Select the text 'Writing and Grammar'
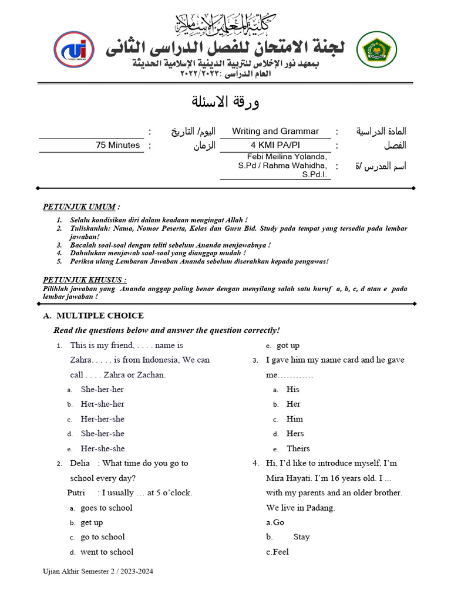(275, 131)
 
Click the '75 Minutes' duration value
(118, 146)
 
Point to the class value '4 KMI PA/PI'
(275, 146)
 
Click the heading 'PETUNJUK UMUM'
(80, 207)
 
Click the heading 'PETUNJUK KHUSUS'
(85, 280)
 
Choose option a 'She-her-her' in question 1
(102, 389)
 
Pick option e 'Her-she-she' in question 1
(102, 448)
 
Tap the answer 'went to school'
(107, 552)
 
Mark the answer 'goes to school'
(106, 508)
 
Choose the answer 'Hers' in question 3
(295, 434)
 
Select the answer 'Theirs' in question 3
(298, 448)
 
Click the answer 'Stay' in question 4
(301, 537)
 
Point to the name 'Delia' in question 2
(80, 463)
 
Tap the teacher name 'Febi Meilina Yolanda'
(280, 157)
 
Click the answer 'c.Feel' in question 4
(277, 552)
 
